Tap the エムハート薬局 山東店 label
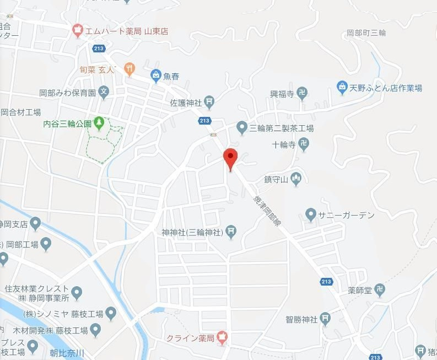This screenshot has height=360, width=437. click(x=126, y=31)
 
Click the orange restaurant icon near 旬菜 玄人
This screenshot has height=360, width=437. click(x=130, y=68)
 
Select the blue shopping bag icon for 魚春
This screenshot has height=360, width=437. click(x=157, y=76)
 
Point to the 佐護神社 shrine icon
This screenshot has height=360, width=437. click(x=209, y=102)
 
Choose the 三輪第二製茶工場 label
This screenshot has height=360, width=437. click(x=282, y=128)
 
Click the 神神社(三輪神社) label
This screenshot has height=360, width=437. click(x=192, y=233)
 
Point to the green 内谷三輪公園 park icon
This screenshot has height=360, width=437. click(x=99, y=122)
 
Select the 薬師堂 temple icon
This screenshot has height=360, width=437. click(x=380, y=289)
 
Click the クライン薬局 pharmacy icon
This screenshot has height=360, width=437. click(x=222, y=336)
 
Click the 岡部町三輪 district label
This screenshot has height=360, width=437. click(x=366, y=33)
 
